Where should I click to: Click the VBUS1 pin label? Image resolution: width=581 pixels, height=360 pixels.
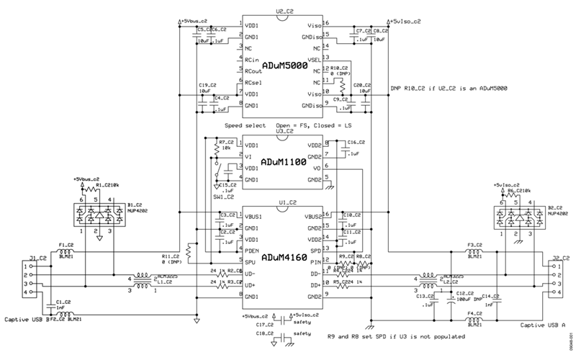click(253, 215)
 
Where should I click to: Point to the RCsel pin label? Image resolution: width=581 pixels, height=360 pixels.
click(251, 83)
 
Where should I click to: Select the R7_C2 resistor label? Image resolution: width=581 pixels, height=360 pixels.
click(228, 142)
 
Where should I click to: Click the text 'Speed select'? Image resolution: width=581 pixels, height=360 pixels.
click(245, 125)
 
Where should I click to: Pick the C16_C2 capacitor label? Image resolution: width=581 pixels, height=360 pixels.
click(356, 143)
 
